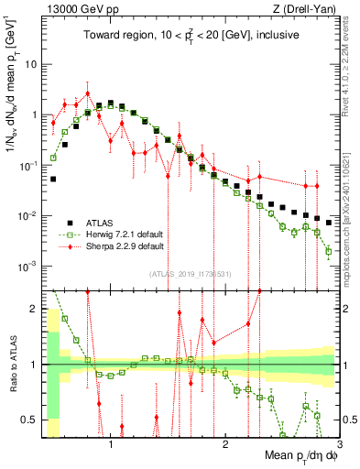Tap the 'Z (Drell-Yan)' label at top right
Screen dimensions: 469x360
(x=305, y=9)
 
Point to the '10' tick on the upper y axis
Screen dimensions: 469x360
(x=31, y=65)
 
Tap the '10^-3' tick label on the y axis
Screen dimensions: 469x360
(x=27, y=267)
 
